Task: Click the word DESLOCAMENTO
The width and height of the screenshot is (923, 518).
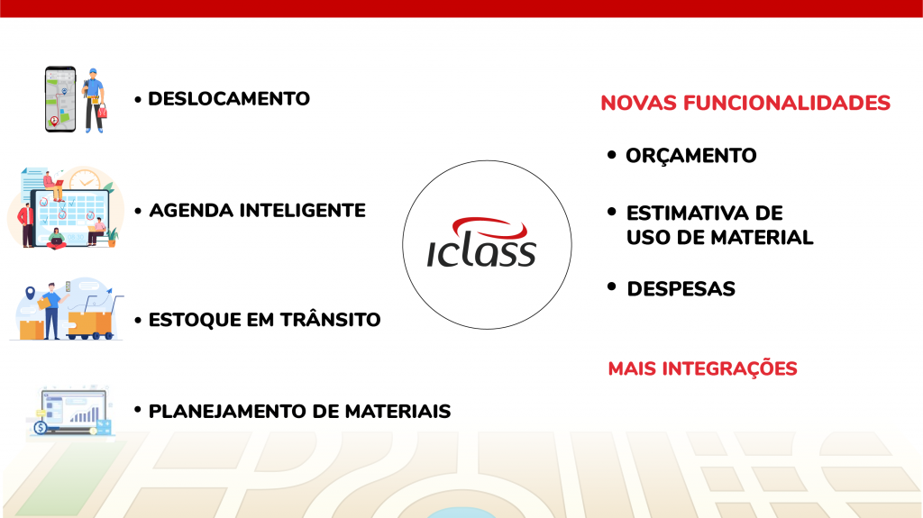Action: [x=229, y=98]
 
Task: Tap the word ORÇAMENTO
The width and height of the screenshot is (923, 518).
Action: [x=691, y=156]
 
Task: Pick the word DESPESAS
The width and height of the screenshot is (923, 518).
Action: [x=681, y=289]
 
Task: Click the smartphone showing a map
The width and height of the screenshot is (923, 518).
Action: [x=60, y=98]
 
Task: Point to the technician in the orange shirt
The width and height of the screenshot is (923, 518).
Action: [x=94, y=98]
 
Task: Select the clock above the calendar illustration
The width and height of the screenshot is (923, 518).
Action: [x=85, y=180]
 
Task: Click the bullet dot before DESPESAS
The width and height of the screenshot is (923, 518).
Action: [x=612, y=287]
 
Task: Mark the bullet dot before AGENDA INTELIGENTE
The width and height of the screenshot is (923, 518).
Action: [x=138, y=212]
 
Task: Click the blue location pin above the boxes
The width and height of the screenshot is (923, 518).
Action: [x=30, y=294]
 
